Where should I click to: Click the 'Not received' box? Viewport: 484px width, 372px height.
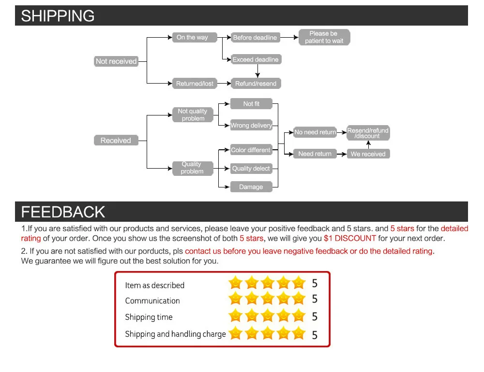[x=116, y=61]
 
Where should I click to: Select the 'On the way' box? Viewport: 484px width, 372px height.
[x=193, y=38]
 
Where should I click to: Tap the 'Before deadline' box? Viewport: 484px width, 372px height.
[x=255, y=38]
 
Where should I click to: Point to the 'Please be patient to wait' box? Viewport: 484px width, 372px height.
[x=324, y=37]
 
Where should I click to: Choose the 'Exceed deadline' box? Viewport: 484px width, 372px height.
[x=256, y=59]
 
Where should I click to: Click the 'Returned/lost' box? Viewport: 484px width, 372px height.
[x=195, y=84]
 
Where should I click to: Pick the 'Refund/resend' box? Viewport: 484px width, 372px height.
[x=256, y=84]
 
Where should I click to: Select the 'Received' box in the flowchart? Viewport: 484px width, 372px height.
[x=116, y=141]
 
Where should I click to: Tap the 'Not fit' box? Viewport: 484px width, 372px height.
[x=251, y=104]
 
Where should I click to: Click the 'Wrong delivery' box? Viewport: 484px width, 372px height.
[x=251, y=126]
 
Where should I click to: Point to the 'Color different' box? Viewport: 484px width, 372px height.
[x=251, y=150]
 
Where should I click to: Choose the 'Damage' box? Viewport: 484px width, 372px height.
[x=251, y=187]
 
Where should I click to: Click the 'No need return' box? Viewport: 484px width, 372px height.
[x=315, y=132]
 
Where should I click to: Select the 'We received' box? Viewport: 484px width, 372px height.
[x=368, y=154]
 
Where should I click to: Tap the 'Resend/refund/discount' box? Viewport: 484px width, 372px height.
[x=368, y=133]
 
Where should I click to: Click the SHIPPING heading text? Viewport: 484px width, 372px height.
[x=58, y=16]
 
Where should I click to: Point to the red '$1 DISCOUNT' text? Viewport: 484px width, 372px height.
[x=349, y=238]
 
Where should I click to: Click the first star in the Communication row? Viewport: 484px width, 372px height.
[x=235, y=299]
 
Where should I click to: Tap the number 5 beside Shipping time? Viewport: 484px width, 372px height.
[x=315, y=316]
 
